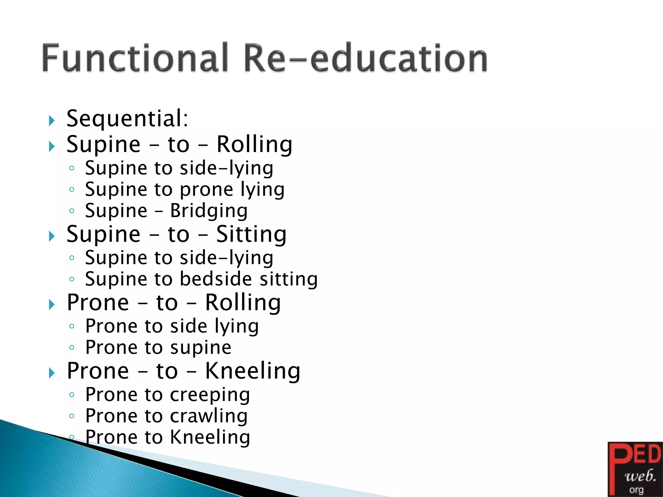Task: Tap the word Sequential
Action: pyautogui.click(x=127, y=118)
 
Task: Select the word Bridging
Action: pyautogui.click(x=209, y=211)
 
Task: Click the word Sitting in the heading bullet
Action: pyautogui.click(x=251, y=234)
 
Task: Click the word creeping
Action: pyautogui.click(x=210, y=395)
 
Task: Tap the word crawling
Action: pyautogui.click(x=209, y=416)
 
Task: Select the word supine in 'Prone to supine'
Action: pyautogui.click(x=201, y=348)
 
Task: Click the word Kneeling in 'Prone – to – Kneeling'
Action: pyautogui.click(x=253, y=371)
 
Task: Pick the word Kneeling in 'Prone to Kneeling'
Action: pyautogui.click(x=210, y=437)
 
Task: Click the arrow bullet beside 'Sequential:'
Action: pyautogui.click(x=52, y=121)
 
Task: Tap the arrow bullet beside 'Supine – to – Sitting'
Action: pyautogui.click(x=52, y=236)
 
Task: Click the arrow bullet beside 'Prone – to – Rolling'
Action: pyautogui.click(x=52, y=304)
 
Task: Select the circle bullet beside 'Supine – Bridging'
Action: pyautogui.click(x=72, y=211)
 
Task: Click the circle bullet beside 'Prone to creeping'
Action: pyautogui.click(x=72, y=394)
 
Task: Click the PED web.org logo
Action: pyautogui.click(x=635, y=469)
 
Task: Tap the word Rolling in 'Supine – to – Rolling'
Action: pyautogui.click(x=254, y=144)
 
